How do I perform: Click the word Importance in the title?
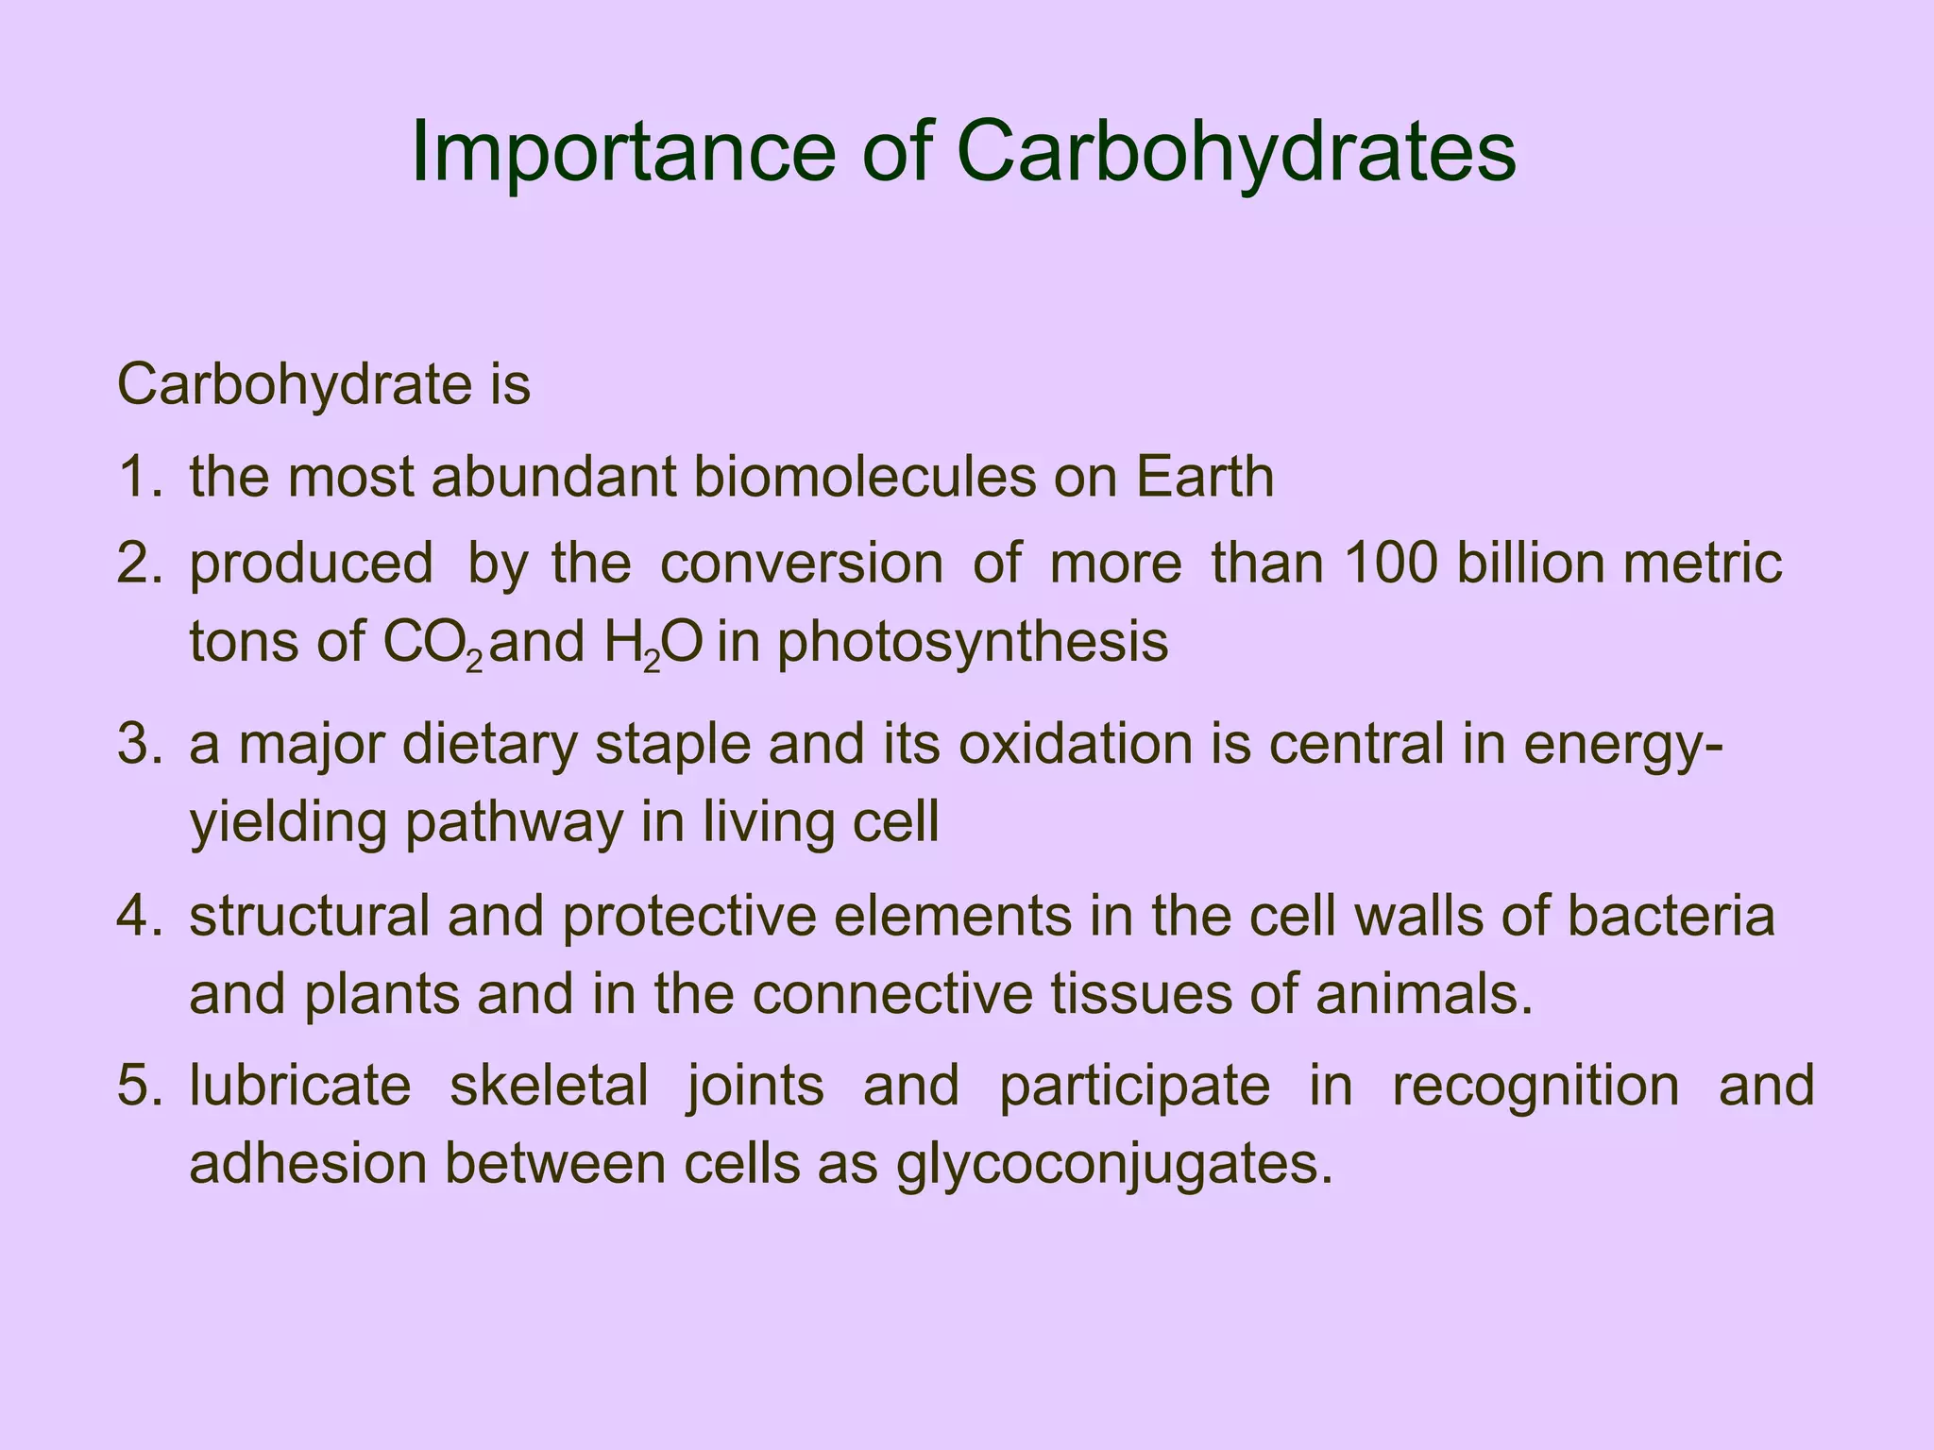click(624, 153)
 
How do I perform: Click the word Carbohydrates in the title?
click(1236, 153)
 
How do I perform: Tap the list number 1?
click(141, 478)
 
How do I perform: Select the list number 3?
click(141, 744)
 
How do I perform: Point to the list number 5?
click(141, 1086)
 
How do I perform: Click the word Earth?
click(1204, 478)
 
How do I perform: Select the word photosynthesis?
click(973, 644)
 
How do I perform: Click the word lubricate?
click(300, 1086)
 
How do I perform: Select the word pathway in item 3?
click(515, 823)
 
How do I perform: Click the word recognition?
click(1535, 1086)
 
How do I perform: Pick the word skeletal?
click(549, 1086)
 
